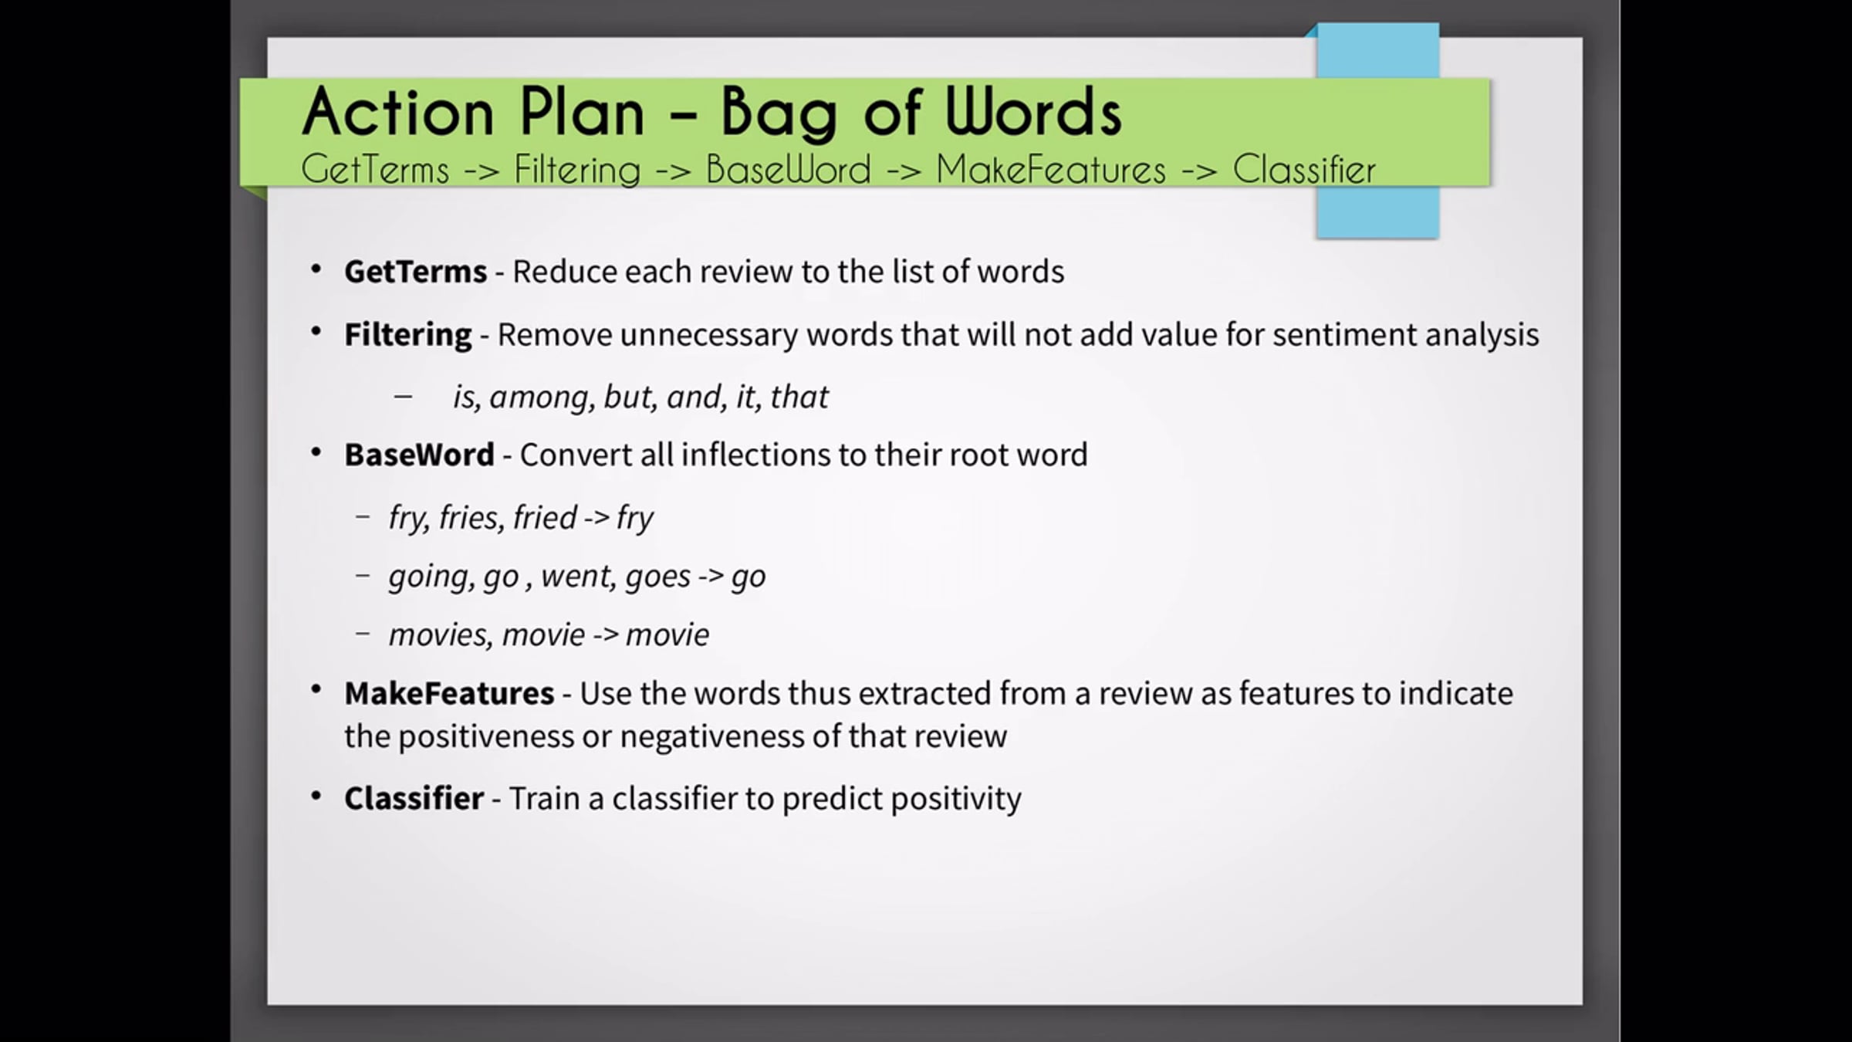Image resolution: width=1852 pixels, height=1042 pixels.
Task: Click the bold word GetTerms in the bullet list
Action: tap(415, 272)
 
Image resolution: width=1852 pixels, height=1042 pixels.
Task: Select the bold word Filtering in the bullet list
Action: tap(407, 336)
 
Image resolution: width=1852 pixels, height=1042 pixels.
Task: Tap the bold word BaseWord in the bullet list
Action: tap(419, 455)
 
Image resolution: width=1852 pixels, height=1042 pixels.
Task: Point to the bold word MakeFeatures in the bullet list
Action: tap(449, 693)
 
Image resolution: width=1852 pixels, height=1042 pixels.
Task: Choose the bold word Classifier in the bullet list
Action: tap(414, 798)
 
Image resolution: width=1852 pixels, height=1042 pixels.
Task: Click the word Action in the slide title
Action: tap(397, 112)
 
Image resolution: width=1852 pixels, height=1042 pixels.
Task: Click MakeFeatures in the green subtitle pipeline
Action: tap(1050, 170)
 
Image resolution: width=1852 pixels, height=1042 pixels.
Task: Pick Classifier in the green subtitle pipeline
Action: tap(1303, 170)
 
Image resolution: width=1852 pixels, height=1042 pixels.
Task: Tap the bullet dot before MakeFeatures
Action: tap(316, 689)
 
